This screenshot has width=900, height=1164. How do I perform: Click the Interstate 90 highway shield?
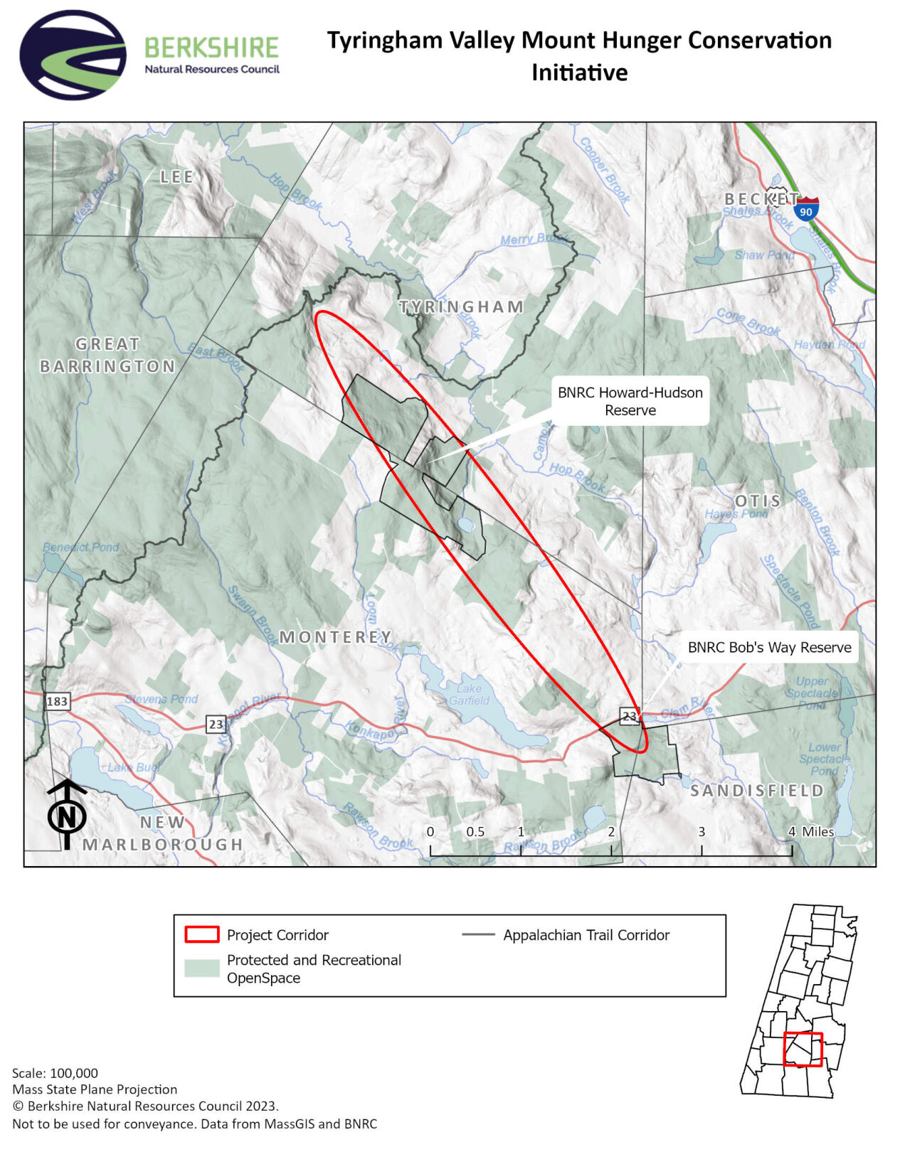[805, 210]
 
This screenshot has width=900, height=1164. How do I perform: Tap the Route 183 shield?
[57, 701]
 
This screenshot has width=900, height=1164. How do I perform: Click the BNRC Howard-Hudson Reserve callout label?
[630, 401]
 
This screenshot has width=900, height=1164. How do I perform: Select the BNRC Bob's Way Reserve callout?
[769, 647]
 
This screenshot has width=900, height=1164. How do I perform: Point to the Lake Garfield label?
[469, 694]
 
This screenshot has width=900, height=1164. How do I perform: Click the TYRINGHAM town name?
[462, 307]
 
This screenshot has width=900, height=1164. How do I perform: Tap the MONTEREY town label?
[335, 636]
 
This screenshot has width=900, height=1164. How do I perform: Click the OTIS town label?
[758, 501]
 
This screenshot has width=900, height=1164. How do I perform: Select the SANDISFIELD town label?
[757, 790]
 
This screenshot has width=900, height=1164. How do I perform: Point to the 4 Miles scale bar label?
[812, 831]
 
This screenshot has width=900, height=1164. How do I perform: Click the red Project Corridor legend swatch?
[201, 934]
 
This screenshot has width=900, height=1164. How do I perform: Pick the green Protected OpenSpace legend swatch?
[201, 968]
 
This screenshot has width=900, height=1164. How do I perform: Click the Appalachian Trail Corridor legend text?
[586, 935]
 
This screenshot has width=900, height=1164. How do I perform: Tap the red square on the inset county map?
[803, 1049]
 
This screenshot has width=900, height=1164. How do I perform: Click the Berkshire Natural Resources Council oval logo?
[73, 55]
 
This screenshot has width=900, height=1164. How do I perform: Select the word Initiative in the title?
[579, 73]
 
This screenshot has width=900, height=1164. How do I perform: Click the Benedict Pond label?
[80, 547]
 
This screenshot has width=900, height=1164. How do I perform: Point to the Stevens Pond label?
[162, 699]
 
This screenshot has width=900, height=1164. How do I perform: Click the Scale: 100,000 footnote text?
[55, 1073]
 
